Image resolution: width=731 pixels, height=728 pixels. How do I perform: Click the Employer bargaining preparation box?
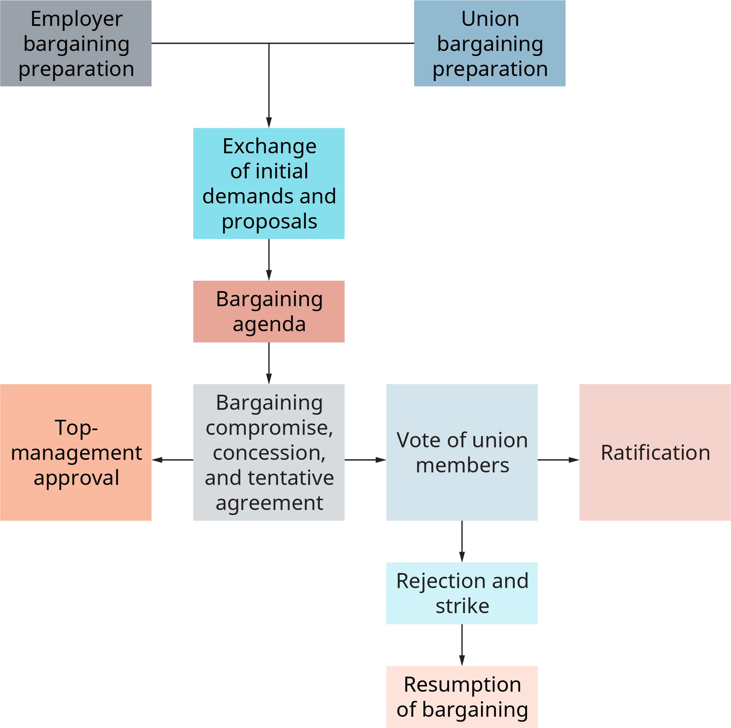(76, 43)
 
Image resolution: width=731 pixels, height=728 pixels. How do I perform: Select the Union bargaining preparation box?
(490, 43)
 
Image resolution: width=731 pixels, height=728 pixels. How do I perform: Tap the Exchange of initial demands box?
(269, 184)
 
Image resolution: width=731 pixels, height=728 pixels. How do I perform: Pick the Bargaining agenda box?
(269, 312)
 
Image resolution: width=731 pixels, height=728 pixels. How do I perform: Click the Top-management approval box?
(76, 452)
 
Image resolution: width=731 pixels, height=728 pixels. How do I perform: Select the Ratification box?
(654, 452)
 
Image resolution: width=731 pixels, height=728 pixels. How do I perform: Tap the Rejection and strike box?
(461, 593)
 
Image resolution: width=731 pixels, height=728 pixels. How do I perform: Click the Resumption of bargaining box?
(461, 696)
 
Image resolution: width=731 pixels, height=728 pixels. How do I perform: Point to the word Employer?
(76, 19)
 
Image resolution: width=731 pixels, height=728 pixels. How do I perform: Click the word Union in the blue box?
(490, 19)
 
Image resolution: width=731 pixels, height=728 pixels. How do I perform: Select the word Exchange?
(269, 147)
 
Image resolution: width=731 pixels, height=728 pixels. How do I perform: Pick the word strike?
(462, 606)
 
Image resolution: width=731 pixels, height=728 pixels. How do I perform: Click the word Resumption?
(462, 685)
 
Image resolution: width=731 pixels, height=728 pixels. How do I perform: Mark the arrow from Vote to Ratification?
(558, 459)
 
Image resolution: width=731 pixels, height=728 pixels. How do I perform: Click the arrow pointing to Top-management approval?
(173, 459)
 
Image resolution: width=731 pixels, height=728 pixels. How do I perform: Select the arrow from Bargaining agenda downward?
(269, 362)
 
